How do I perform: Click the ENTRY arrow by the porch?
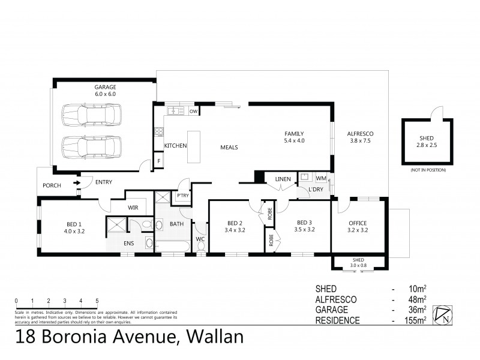coord(77,182)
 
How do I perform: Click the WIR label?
coord(133,208)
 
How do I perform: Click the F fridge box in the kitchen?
coord(159,162)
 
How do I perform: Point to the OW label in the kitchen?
coord(193,111)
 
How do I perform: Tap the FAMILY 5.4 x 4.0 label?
coord(295,137)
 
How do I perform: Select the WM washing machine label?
coord(321,178)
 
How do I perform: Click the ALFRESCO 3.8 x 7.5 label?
coord(361,137)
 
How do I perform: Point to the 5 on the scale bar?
coord(97,301)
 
